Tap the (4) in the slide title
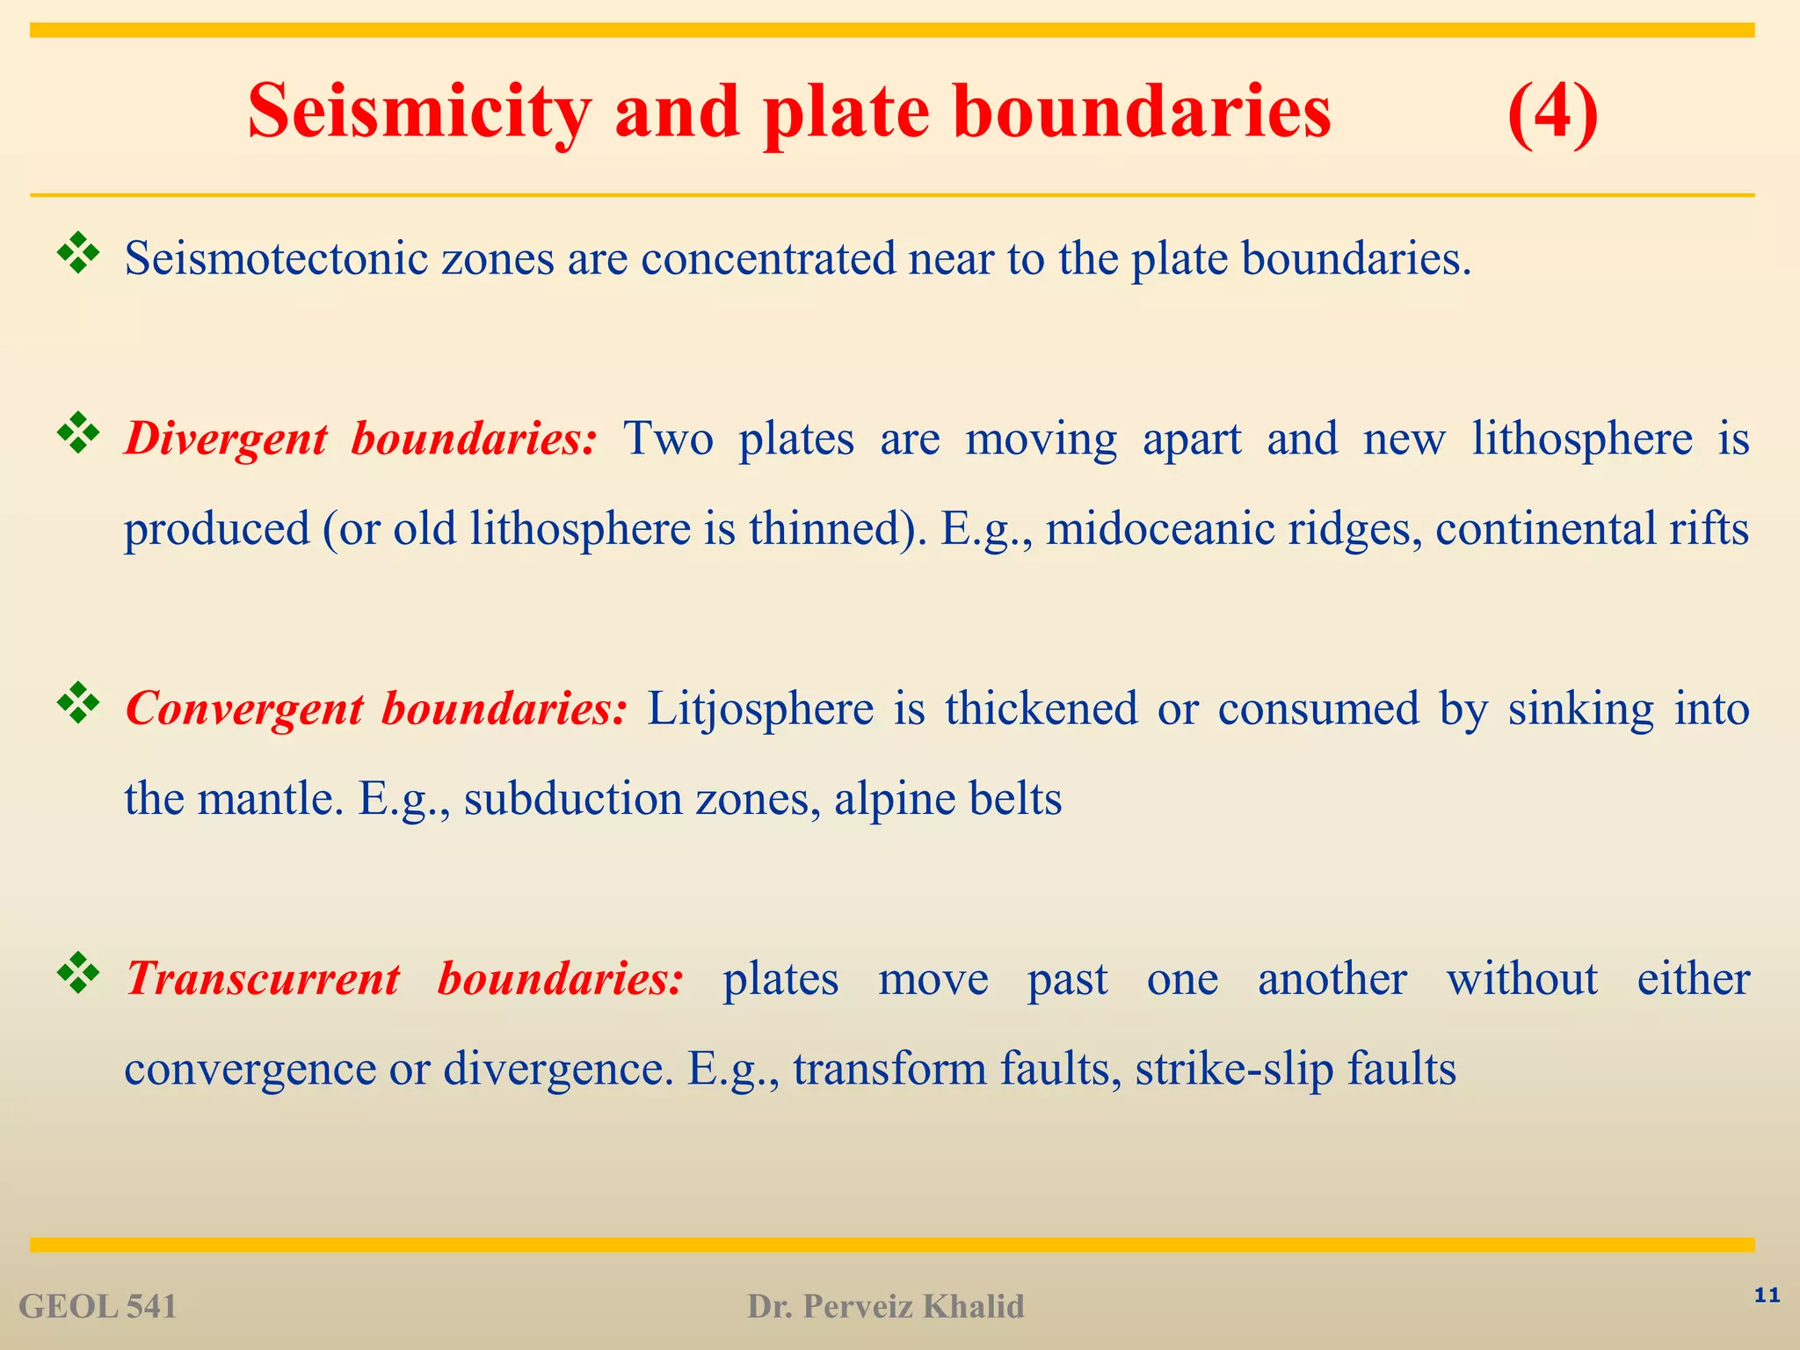1552,112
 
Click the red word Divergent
226,439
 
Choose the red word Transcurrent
263,978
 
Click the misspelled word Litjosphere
760,708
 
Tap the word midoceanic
1159,529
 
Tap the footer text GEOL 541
98,1307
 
